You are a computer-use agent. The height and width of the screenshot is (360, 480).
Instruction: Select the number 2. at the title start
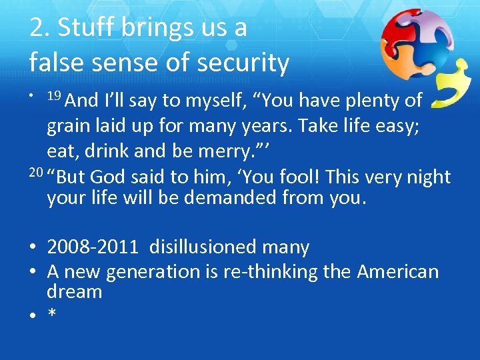click(x=39, y=27)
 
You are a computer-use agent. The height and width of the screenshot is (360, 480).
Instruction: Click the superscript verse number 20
click(x=36, y=174)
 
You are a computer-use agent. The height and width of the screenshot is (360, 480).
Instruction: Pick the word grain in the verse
click(x=69, y=127)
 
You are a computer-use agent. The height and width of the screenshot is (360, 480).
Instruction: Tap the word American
click(x=398, y=272)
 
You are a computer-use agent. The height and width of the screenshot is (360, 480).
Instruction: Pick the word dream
click(x=74, y=291)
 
